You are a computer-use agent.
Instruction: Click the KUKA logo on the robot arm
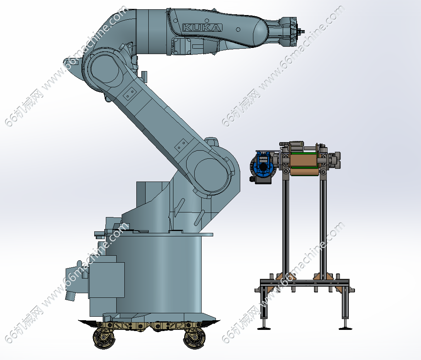(202, 28)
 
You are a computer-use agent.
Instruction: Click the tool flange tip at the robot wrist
(301, 32)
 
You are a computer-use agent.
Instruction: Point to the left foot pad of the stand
(264, 328)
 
